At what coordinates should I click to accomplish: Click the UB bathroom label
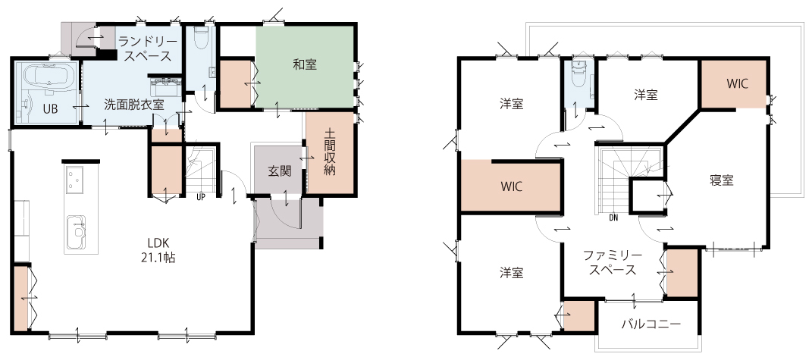pyautogui.click(x=50, y=109)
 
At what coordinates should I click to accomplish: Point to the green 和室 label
pyautogui.click(x=305, y=64)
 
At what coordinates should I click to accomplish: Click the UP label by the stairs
pyautogui.click(x=200, y=197)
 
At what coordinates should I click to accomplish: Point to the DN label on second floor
pyautogui.click(x=613, y=218)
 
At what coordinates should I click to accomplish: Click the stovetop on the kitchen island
pyautogui.click(x=76, y=180)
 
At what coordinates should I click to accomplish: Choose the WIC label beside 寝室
pyautogui.click(x=737, y=83)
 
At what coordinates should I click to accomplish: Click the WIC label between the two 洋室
pyautogui.click(x=511, y=186)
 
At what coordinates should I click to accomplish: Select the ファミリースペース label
pyautogui.click(x=613, y=263)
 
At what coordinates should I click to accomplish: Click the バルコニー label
pyautogui.click(x=651, y=325)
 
